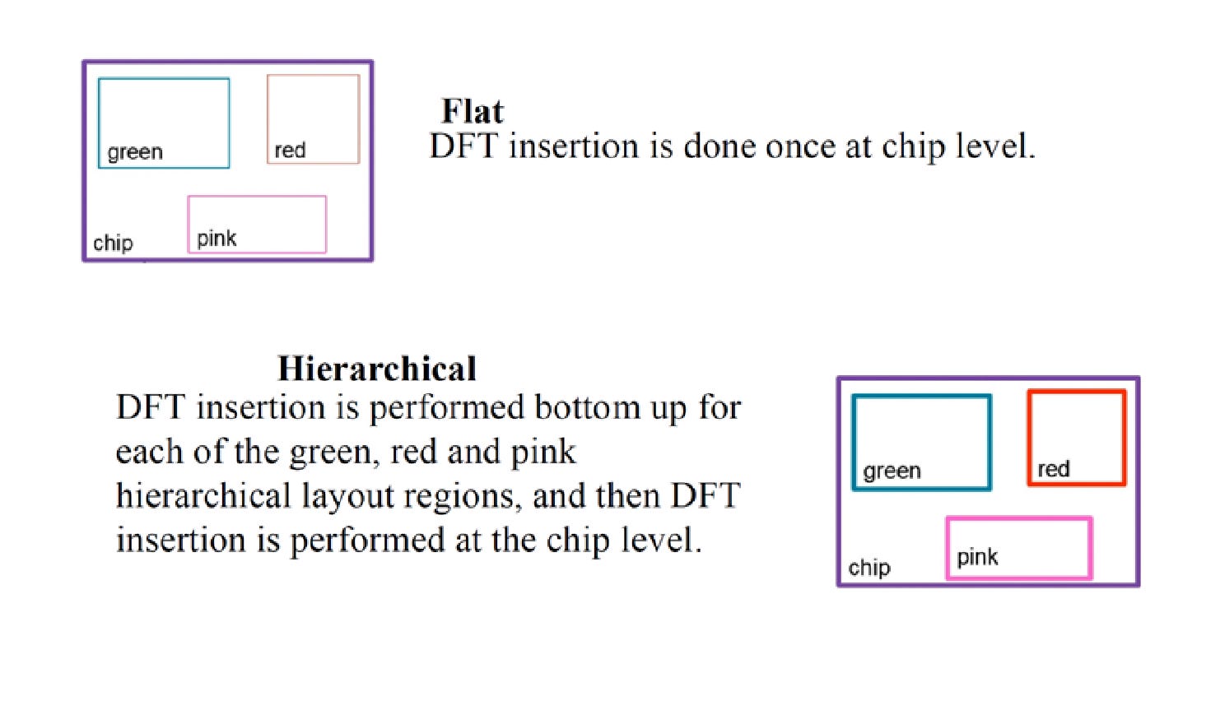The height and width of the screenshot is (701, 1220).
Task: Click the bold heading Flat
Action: pyautogui.click(x=472, y=111)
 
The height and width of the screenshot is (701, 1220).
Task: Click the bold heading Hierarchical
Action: pyautogui.click(x=377, y=369)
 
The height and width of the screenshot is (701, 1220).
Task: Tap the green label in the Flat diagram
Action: pyautogui.click(x=135, y=152)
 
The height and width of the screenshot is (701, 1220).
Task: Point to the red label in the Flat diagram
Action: pyautogui.click(x=290, y=151)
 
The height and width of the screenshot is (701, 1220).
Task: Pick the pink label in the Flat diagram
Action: pyautogui.click(x=217, y=239)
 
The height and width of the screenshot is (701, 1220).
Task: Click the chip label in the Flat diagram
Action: pyautogui.click(x=113, y=243)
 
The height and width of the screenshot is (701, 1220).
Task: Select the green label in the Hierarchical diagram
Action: pyautogui.click(x=892, y=471)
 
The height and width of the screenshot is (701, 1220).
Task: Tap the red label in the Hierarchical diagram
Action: pyautogui.click(x=1053, y=469)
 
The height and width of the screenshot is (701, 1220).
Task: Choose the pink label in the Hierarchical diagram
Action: pyautogui.click(x=977, y=557)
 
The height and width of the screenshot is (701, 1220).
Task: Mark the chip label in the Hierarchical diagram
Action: pyautogui.click(x=869, y=568)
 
